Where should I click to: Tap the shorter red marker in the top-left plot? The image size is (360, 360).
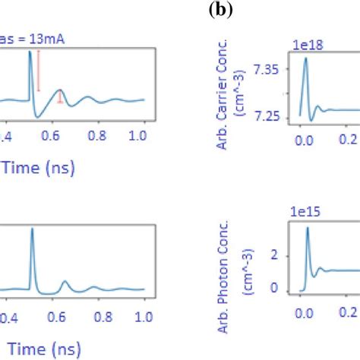[x=61, y=97]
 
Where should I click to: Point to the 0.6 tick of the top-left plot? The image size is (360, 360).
[x=53, y=134]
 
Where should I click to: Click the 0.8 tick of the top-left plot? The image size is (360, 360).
[x=96, y=134]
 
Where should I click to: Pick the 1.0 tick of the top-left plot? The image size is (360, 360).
[x=138, y=134]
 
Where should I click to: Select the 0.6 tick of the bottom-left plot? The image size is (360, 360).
[x=53, y=315]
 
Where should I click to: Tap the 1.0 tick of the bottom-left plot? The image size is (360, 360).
[x=138, y=315]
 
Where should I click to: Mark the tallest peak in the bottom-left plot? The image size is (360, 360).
[x=32, y=230]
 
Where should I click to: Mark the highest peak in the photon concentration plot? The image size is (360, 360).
[x=308, y=229]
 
